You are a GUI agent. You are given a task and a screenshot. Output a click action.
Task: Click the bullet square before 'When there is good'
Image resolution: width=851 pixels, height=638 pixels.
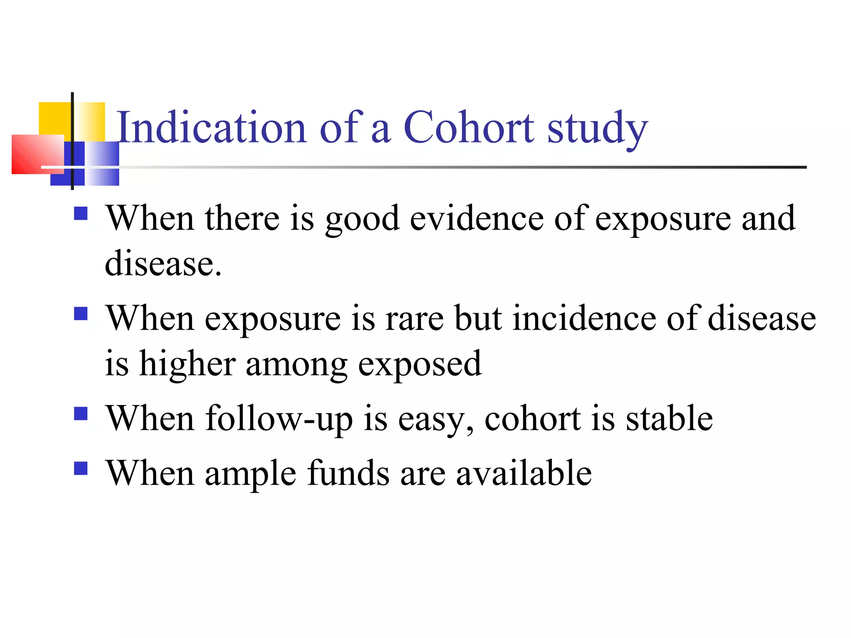(81, 213)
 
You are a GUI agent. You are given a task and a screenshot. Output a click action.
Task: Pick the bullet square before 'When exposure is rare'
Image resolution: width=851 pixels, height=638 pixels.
(81, 313)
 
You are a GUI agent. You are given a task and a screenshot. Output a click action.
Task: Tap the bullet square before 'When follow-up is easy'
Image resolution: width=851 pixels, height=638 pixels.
(81, 413)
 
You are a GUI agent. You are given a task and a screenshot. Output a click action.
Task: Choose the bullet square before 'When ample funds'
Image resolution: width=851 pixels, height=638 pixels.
(81, 468)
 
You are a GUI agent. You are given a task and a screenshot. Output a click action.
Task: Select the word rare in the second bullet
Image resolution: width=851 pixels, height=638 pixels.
(415, 318)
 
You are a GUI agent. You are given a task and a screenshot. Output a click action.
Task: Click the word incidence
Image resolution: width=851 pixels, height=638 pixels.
(584, 318)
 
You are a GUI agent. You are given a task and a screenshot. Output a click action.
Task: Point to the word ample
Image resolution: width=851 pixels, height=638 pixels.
(251, 474)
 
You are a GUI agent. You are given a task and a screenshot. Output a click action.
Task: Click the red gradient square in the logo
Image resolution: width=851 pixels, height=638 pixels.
(37, 154)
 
